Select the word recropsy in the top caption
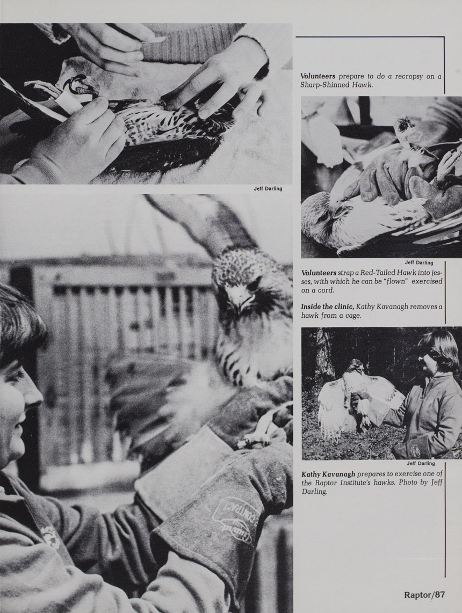click(x=409, y=77)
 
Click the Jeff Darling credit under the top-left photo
click(x=268, y=189)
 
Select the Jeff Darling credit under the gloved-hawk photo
click(x=419, y=262)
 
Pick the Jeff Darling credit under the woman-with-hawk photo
click(x=421, y=463)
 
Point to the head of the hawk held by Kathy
click(x=356, y=366)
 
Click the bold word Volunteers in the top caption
click(x=318, y=76)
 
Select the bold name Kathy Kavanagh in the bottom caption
click(x=328, y=474)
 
